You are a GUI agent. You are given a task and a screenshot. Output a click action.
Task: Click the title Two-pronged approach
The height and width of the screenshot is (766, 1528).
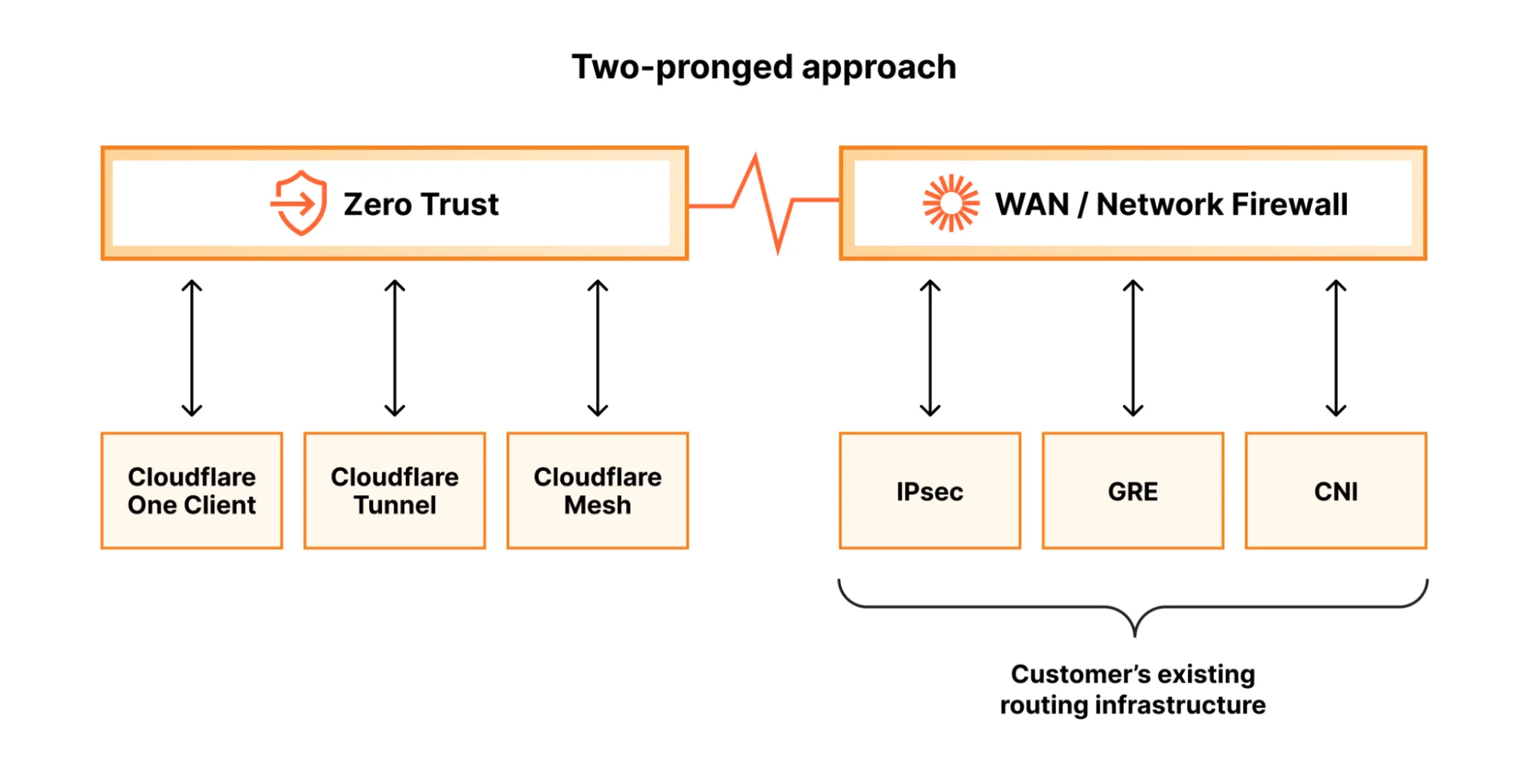click(x=764, y=67)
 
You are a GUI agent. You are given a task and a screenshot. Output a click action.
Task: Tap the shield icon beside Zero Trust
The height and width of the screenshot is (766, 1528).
click(x=300, y=203)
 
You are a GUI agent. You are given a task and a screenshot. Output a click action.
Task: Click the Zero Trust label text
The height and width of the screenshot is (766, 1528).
click(x=420, y=205)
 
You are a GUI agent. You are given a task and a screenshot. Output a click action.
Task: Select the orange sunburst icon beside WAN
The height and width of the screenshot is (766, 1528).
click(x=950, y=203)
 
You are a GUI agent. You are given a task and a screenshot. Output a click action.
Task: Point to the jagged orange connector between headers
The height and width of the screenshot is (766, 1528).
click(x=764, y=203)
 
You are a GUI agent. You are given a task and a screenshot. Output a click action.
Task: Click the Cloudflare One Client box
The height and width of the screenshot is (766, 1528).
click(x=192, y=491)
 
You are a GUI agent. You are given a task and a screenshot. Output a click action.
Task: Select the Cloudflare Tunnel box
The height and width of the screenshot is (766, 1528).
click(x=394, y=491)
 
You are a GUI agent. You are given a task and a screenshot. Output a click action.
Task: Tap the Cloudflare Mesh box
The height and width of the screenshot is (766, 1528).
click(x=598, y=491)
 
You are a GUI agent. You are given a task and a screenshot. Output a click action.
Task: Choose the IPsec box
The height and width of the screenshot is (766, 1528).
click(x=929, y=491)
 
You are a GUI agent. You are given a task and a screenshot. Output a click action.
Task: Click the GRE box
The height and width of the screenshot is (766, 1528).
click(x=1133, y=491)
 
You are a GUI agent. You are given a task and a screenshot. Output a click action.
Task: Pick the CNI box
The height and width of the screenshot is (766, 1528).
click(x=1335, y=491)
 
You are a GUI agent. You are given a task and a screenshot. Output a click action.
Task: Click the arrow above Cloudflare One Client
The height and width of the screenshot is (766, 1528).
click(x=192, y=348)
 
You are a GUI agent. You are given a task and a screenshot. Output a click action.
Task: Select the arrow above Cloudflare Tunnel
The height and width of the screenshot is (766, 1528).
click(x=394, y=348)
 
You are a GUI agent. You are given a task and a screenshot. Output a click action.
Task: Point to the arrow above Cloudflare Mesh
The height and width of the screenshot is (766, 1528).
click(x=598, y=348)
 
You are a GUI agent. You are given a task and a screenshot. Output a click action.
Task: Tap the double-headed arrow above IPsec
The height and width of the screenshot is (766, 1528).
click(x=929, y=348)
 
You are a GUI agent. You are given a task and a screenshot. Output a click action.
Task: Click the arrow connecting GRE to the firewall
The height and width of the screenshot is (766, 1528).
click(x=1133, y=348)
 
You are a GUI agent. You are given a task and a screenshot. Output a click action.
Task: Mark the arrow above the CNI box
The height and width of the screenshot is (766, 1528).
click(x=1335, y=348)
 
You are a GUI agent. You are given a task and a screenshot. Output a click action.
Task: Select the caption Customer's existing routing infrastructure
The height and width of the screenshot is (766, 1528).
click(x=1133, y=690)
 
